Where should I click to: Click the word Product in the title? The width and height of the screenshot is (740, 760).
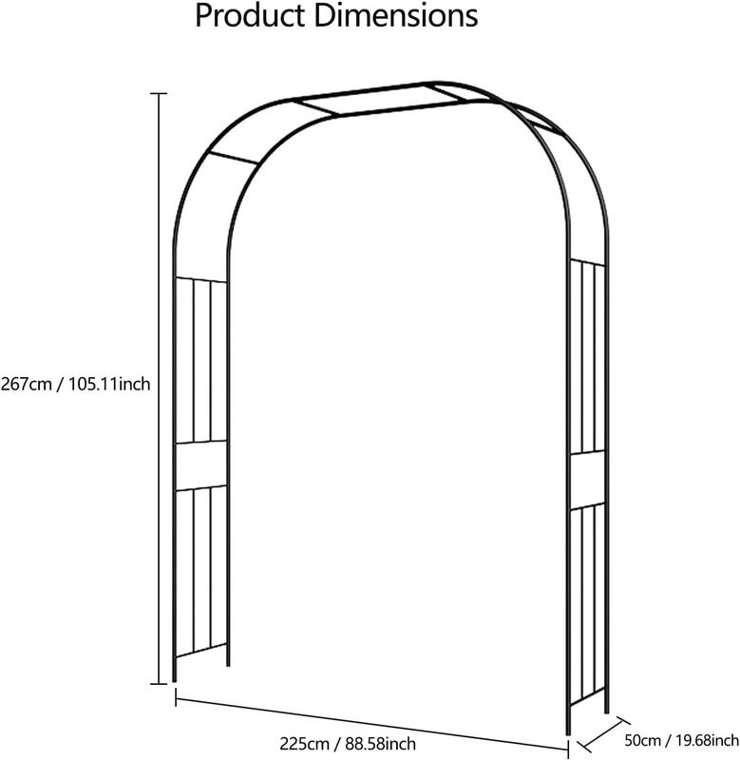point(250,16)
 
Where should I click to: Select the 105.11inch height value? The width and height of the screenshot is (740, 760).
point(109,385)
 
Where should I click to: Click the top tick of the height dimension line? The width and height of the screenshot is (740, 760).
point(157,93)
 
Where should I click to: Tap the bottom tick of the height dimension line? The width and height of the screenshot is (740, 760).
point(157,683)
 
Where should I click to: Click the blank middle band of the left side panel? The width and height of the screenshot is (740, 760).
point(200,465)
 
